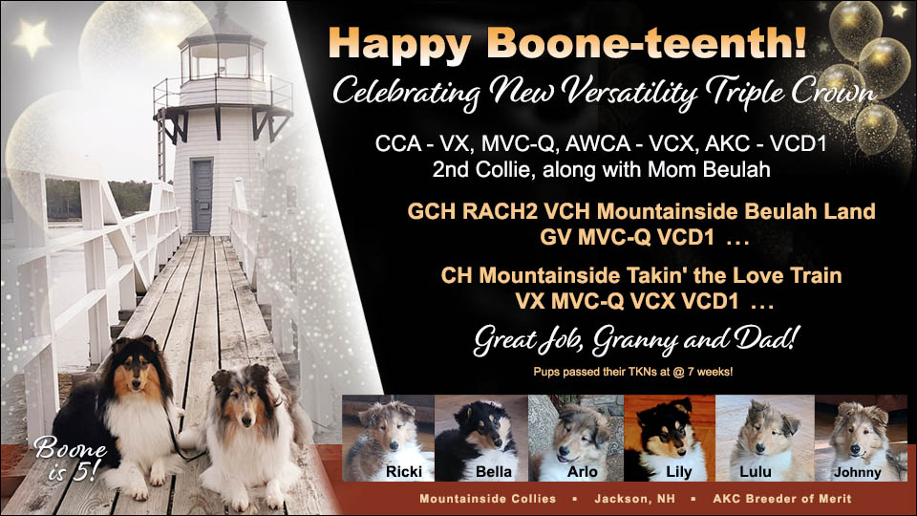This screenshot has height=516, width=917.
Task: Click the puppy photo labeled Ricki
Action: coord(387,438)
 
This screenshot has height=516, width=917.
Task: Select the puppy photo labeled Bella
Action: coord(480,438)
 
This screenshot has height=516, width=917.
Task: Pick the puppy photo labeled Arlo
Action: coord(575,438)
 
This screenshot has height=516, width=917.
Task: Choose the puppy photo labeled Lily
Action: coord(669,438)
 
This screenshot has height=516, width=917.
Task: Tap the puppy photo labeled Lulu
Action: coord(763,438)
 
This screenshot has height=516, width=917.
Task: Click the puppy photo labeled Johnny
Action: coord(859,438)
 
